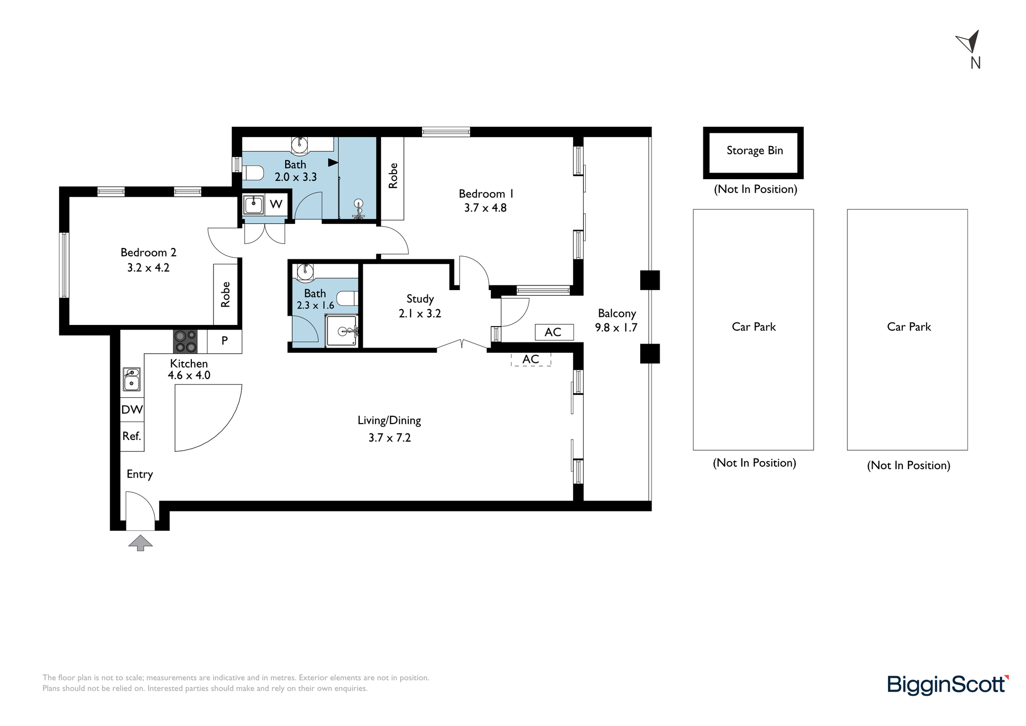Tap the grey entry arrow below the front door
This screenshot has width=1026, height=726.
click(140, 543)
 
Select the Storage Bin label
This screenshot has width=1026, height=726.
click(755, 150)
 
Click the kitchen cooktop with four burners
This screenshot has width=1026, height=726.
click(185, 341)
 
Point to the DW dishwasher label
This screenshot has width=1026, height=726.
click(132, 410)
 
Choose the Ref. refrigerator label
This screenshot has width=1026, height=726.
click(131, 436)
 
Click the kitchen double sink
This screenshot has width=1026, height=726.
click(132, 379)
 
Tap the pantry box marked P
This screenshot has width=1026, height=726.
click(224, 341)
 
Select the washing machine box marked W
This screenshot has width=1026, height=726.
click(276, 204)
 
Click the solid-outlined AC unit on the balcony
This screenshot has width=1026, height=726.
click(554, 332)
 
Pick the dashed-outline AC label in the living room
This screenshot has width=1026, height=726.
click(531, 359)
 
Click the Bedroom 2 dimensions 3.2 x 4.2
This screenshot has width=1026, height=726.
click(148, 268)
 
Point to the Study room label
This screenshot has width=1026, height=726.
click(420, 299)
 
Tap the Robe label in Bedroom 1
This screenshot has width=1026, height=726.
click(393, 176)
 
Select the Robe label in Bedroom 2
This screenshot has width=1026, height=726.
click(225, 294)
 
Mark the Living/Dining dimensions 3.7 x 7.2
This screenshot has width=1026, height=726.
click(390, 438)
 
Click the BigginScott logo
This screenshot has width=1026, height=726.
click(948, 685)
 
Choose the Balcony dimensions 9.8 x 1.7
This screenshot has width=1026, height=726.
click(616, 328)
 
